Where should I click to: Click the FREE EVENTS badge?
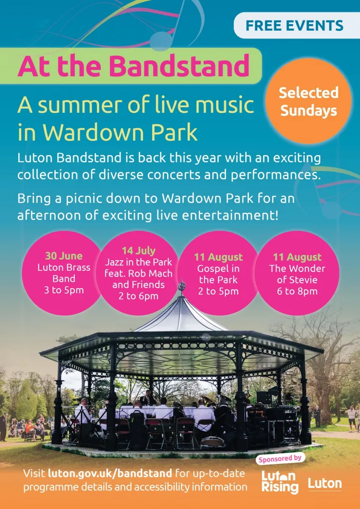pos(297,25)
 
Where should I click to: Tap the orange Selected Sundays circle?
pos(308,101)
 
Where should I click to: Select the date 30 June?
pos(64,256)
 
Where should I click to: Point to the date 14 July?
pos(139,251)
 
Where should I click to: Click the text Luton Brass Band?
pos(64,273)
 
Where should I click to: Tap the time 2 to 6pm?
pos(138,296)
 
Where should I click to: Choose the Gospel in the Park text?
pos(218,274)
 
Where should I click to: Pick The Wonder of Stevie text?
pos(297,274)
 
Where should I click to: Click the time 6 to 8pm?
pos(297,291)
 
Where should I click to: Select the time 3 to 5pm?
pos(64,290)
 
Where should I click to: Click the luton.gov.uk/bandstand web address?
pos(110,473)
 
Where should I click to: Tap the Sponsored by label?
pos(280,459)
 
